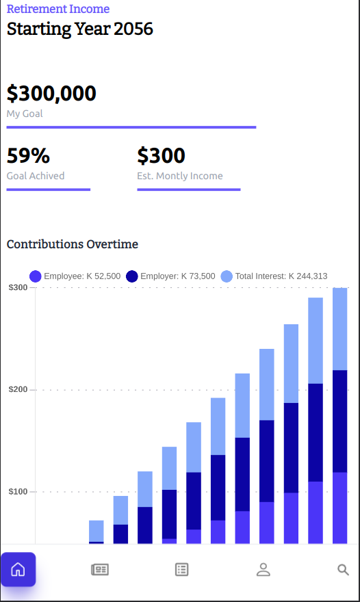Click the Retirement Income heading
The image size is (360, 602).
click(58, 9)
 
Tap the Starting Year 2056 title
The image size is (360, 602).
click(80, 29)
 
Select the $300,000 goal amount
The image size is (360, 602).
click(51, 94)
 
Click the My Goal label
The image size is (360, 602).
click(25, 114)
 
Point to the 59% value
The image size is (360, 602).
click(28, 156)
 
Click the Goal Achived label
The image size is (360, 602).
click(36, 176)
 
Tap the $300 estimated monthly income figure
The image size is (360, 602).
click(161, 156)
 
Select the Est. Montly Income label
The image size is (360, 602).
click(179, 176)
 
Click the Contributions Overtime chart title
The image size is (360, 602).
click(73, 244)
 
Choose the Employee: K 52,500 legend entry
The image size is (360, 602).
click(75, 276)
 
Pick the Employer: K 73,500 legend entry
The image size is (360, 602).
click(171, 276)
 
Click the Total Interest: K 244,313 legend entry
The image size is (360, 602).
click(274, 276)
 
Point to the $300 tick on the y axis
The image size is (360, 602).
click(18, 287)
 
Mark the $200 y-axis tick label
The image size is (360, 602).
click(18, 389)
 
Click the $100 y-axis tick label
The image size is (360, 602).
click(18, 491)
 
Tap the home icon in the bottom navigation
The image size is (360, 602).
click(18, 569)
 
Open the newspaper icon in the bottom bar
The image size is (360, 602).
click(100, 569)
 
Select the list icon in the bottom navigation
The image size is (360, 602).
click(181, 569)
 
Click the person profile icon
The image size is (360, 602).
click(263, 569)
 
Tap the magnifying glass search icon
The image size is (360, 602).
click(344, 569)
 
